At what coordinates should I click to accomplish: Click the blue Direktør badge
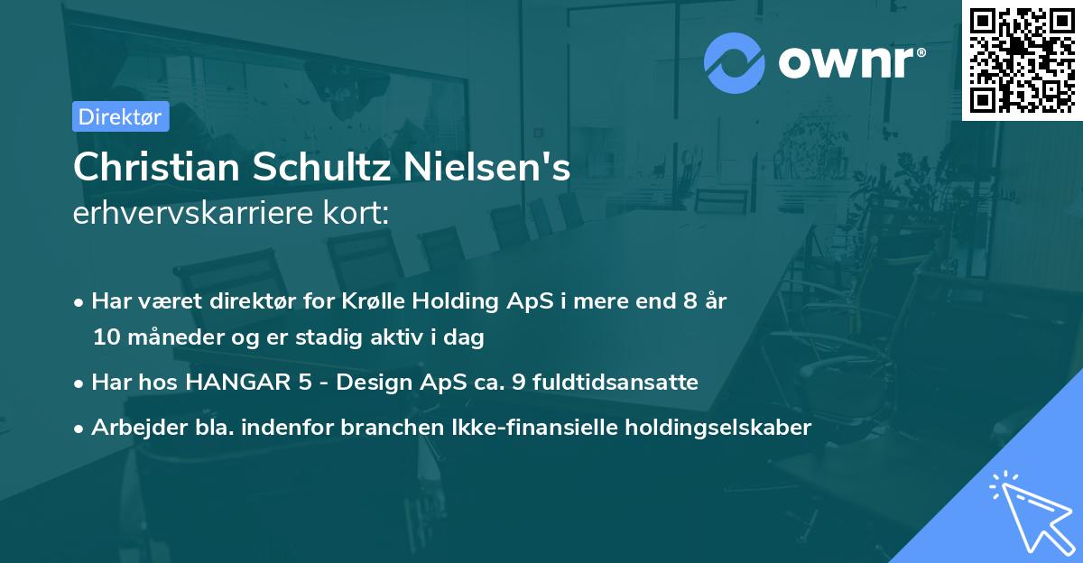pos(119,116)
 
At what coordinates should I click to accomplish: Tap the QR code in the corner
pos(1021,60)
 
